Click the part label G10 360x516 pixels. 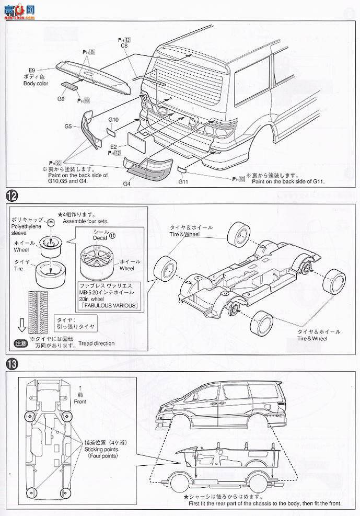coord(114,120)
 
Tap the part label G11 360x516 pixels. coord(183,182)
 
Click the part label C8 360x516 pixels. coord(124,46)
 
